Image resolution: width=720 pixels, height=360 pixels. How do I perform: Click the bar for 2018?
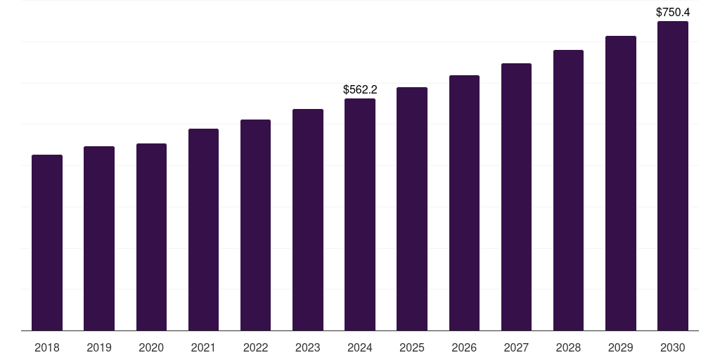coord(47,243)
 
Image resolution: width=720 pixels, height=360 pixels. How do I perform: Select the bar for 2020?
coord(152,237)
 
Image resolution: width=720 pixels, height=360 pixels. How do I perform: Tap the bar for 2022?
coord(255,225)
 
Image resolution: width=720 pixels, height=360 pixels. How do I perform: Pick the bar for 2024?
coord(360,214)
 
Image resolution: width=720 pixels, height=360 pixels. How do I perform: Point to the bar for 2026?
coord(464,203)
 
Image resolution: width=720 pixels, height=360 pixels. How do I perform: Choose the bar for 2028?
coord(568,190)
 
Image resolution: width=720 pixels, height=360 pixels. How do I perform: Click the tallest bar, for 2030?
coord(673,176)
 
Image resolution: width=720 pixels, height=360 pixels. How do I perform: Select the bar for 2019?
coord(99,238)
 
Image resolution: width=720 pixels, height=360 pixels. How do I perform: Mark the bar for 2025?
coord(412,209)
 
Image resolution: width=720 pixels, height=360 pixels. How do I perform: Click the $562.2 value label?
coord(360,89)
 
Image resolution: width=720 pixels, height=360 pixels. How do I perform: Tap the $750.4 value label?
coord(673,13)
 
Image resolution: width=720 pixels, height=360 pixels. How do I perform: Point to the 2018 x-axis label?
coord(47,347)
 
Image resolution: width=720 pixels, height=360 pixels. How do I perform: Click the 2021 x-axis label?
coord(203,347)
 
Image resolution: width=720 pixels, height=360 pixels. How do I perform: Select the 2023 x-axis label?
coord(308,347)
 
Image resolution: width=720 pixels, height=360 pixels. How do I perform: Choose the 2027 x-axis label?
coord(516,347)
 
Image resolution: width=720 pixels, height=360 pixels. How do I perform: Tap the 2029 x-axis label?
coord(621,347)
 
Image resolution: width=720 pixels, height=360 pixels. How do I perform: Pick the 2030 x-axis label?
coord(673,347)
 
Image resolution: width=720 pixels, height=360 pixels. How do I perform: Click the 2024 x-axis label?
coord(360,347)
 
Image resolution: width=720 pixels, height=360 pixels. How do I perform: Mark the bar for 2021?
coord(203,230)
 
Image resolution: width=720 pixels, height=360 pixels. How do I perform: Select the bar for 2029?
coord(621,184)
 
